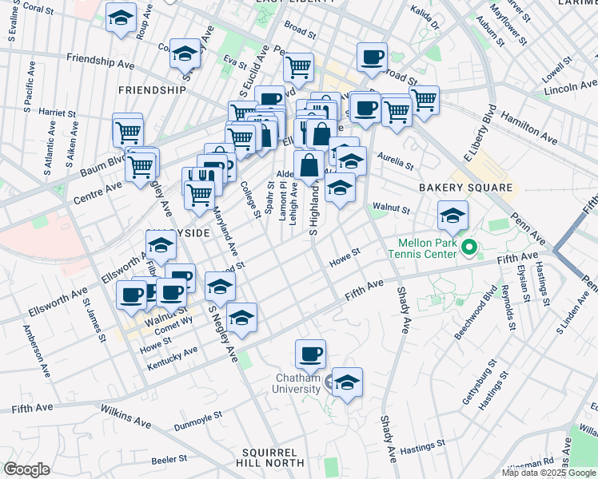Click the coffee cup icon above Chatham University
point(310,353)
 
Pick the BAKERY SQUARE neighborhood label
point(465,188)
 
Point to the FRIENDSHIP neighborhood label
point(152,90)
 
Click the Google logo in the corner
point(26,469)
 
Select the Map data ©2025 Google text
point(548,473)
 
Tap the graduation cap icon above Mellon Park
point(452,215)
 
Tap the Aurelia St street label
point(394,160)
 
